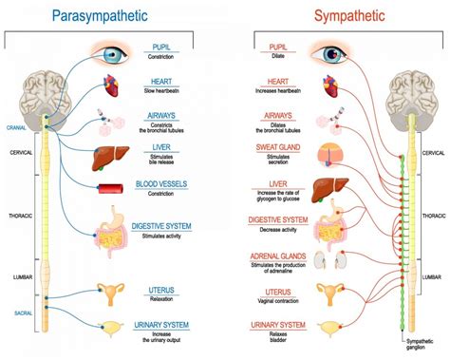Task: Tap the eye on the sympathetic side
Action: pyautogui.click(x=335, y=54)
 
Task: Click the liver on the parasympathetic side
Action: pyautogui.click(x=113, y=156)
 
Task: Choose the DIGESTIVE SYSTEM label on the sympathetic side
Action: pyautogui.click(x=279, y=219)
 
